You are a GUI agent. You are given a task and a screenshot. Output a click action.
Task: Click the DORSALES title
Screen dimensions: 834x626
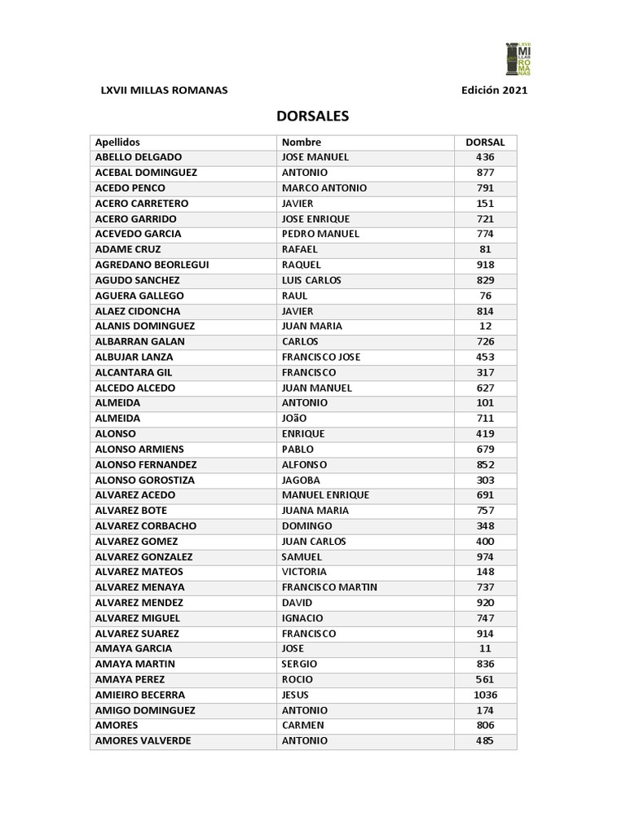point(313,116)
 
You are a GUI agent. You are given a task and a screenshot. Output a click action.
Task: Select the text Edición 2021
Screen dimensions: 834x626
point(494,90)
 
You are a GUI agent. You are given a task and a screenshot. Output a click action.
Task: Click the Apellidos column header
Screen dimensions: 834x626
point(117,142)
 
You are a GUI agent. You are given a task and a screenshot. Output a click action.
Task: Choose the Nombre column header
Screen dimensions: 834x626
point(302,142)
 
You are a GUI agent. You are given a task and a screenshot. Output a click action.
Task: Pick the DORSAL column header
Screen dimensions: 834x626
point(485,142)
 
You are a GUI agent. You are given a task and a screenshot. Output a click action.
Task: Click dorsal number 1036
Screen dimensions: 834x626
point(485,695)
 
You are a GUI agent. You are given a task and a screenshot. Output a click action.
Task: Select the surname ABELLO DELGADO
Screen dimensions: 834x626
point(139,157)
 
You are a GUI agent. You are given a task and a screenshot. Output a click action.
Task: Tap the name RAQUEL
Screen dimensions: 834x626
point(302,265)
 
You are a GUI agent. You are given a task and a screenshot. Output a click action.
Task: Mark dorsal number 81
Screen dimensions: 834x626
point(485,249)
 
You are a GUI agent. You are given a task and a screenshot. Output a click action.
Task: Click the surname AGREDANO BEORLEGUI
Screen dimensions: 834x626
point(152,265)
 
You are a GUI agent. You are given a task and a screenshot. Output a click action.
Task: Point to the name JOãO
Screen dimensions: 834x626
point(294,419)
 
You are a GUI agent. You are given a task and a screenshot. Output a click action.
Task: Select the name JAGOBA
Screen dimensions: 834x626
point(301,480)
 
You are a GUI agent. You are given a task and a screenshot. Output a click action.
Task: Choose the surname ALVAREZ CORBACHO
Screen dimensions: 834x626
point(146,526)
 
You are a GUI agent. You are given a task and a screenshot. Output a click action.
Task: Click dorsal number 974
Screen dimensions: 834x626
point(485,557)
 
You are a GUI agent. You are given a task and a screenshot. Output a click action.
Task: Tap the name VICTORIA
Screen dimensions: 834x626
point(304,572)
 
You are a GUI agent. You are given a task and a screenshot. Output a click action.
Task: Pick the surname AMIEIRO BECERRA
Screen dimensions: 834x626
point(140,695)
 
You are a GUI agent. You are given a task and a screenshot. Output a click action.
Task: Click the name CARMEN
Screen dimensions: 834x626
point(303,726)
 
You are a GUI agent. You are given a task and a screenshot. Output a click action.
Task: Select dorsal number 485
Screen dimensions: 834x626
point(485,741)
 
